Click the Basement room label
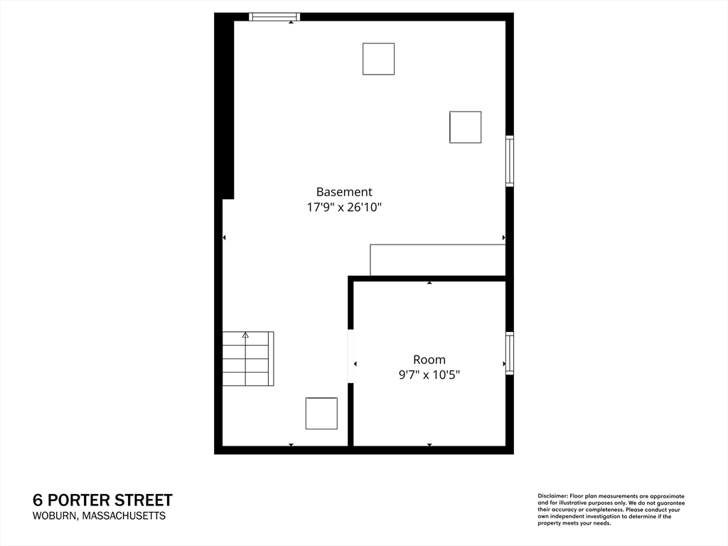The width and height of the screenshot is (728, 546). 344,192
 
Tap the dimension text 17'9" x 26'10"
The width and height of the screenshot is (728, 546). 344,208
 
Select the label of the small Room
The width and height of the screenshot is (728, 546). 429,360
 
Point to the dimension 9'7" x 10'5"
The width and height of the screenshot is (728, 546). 429,375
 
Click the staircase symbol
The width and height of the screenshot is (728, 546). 247,359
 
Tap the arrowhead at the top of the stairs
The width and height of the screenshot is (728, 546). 245,334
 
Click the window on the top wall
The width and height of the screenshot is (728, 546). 274,17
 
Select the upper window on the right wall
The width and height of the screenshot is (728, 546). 510,161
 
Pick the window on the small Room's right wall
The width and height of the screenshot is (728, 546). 510,353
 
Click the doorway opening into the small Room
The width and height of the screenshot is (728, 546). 350,356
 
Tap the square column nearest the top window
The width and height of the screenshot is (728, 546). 378,59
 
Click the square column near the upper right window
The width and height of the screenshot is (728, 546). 465,127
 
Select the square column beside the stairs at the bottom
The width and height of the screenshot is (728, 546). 321,413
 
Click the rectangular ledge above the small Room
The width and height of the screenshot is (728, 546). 437,260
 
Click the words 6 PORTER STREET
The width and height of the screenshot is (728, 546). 102,500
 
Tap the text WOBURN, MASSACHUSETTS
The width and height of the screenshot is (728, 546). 99,516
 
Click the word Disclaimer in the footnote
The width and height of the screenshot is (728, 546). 552,496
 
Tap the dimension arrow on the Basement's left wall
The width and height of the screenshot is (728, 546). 225,237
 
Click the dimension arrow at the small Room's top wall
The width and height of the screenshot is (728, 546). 429,283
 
